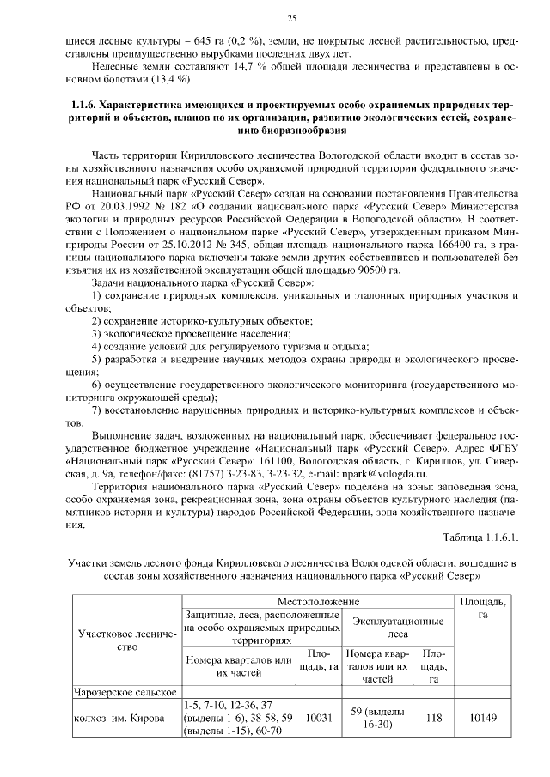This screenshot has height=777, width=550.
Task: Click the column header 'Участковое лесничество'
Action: point(126,641)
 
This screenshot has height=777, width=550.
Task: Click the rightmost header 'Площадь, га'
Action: point(483,608)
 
